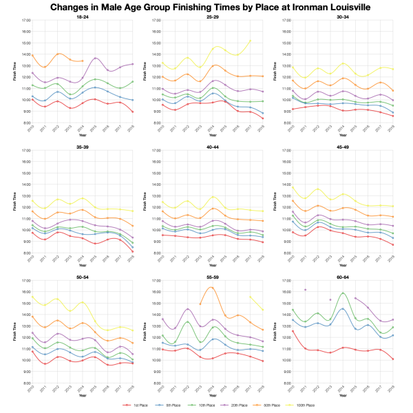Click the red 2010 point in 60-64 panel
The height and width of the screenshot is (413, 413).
click(x=293, y=331)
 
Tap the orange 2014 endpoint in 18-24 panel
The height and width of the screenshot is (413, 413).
click(x=83, y=61)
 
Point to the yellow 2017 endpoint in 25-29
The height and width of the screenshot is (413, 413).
click(x=250, y=40)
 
